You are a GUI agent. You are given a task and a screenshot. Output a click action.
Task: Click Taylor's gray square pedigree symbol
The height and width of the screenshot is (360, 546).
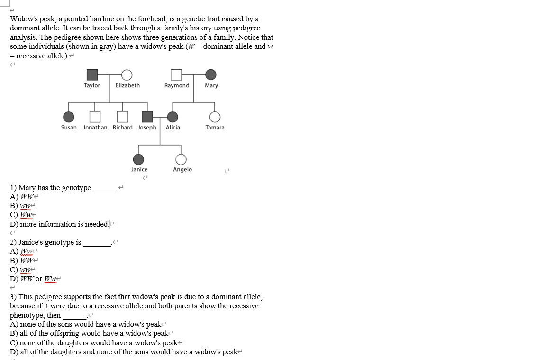point(92,74)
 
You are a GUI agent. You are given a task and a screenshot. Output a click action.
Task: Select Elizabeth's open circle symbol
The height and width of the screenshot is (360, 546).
point(127,74)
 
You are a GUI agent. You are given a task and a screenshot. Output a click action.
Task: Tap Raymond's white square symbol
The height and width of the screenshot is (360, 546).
point(176,74)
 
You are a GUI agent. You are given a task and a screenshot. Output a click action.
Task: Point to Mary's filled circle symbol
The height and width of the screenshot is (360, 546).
point(211,74)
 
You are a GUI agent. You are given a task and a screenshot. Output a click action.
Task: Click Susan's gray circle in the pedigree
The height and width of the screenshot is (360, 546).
point(69,117)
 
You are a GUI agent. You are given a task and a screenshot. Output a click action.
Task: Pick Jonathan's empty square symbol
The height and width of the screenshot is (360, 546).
point(95,117)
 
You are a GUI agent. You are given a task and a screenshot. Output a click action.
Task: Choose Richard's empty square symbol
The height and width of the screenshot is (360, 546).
point(123,117)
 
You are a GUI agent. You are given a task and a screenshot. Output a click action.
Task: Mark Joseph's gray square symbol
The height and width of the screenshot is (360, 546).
point(147,117)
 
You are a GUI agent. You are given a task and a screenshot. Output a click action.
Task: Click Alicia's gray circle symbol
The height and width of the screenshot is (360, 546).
point(173,117)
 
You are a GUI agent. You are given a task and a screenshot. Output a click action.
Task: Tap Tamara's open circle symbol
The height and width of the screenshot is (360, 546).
point(215,117)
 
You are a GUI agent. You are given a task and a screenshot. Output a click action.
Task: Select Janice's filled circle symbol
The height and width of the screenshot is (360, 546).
point(138,159)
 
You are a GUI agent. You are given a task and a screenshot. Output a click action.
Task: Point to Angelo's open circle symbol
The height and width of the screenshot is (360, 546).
point(181,159)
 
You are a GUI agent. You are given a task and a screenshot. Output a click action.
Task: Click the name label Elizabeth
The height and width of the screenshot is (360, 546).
point(127,85)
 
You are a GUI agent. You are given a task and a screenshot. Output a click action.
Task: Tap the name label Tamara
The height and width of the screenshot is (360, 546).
point(215,128)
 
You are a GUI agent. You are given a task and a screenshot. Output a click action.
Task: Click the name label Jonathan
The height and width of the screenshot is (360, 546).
point(95,128)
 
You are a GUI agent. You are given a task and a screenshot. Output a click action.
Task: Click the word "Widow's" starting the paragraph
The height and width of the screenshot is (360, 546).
point(23,19)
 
